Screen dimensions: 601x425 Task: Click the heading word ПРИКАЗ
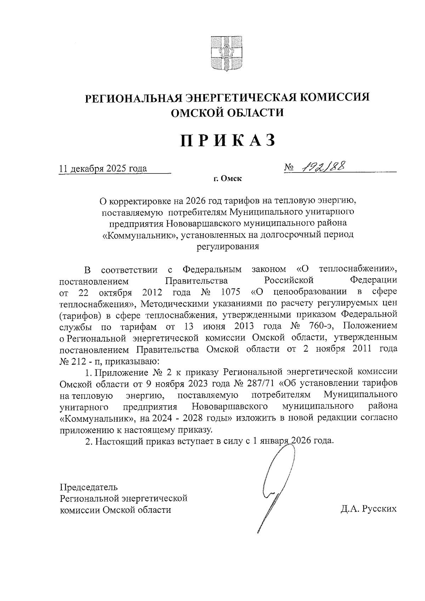click(x=228, y=140)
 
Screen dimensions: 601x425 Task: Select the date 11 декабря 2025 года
click(x=103, y=169)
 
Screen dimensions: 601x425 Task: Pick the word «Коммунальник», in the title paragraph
click(x=140, y=235)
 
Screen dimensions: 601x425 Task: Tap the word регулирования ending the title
click(x=228, y=246)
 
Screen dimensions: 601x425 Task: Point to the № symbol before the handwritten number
click(x=289, y=167)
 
